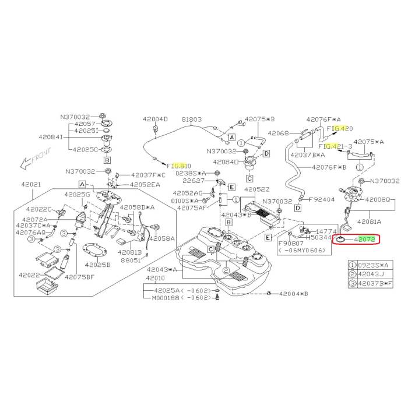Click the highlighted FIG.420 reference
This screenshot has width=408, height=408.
340,128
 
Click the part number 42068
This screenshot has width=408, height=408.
278,133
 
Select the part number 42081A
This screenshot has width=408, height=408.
370,221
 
